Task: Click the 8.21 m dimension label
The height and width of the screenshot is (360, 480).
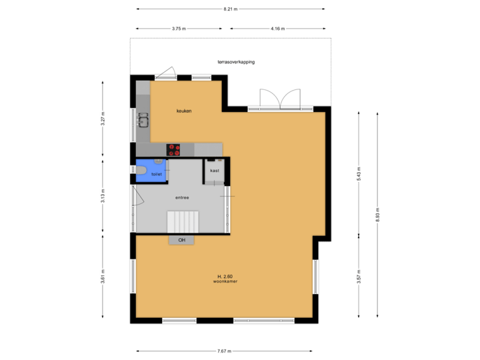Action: (231, 9)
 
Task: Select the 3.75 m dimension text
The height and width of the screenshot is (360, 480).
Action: (179, 29)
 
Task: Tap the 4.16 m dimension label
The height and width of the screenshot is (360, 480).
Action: (278, 29)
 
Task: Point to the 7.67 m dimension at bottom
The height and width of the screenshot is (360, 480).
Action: (225, 351)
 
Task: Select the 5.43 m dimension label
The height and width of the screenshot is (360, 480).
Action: (359, 173)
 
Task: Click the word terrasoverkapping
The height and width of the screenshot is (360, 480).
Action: (236, 61)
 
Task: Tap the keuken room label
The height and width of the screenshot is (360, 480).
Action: (184, 111)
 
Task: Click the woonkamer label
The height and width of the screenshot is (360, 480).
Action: (225, 282)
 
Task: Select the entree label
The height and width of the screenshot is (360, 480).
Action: (182, 197)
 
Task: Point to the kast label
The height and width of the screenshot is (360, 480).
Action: (215, 171)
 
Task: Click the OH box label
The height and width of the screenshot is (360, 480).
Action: (181, 240)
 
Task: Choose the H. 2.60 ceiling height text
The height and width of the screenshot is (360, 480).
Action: (225, 276)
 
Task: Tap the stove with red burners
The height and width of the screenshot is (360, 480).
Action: (174, 150)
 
